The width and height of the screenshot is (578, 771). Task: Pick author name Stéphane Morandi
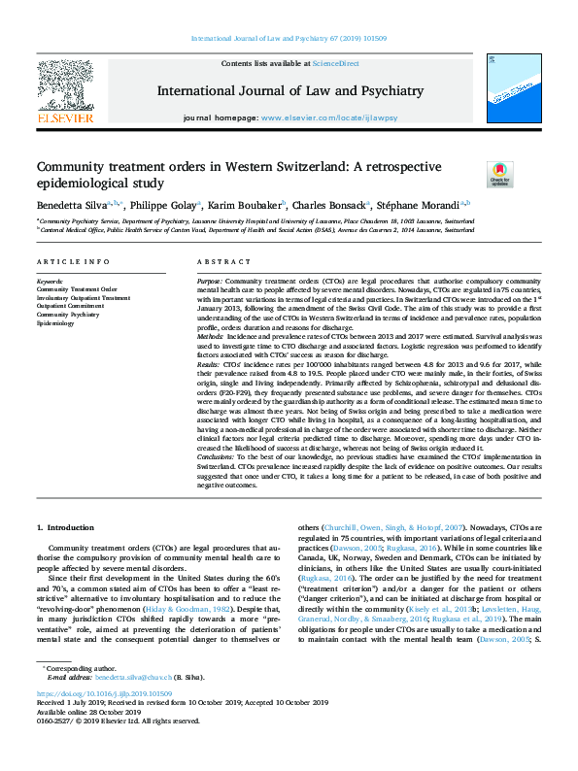423,206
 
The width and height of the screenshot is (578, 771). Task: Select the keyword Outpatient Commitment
71,306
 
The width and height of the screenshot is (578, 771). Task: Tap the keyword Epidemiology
55,322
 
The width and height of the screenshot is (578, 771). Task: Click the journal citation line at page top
289,40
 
